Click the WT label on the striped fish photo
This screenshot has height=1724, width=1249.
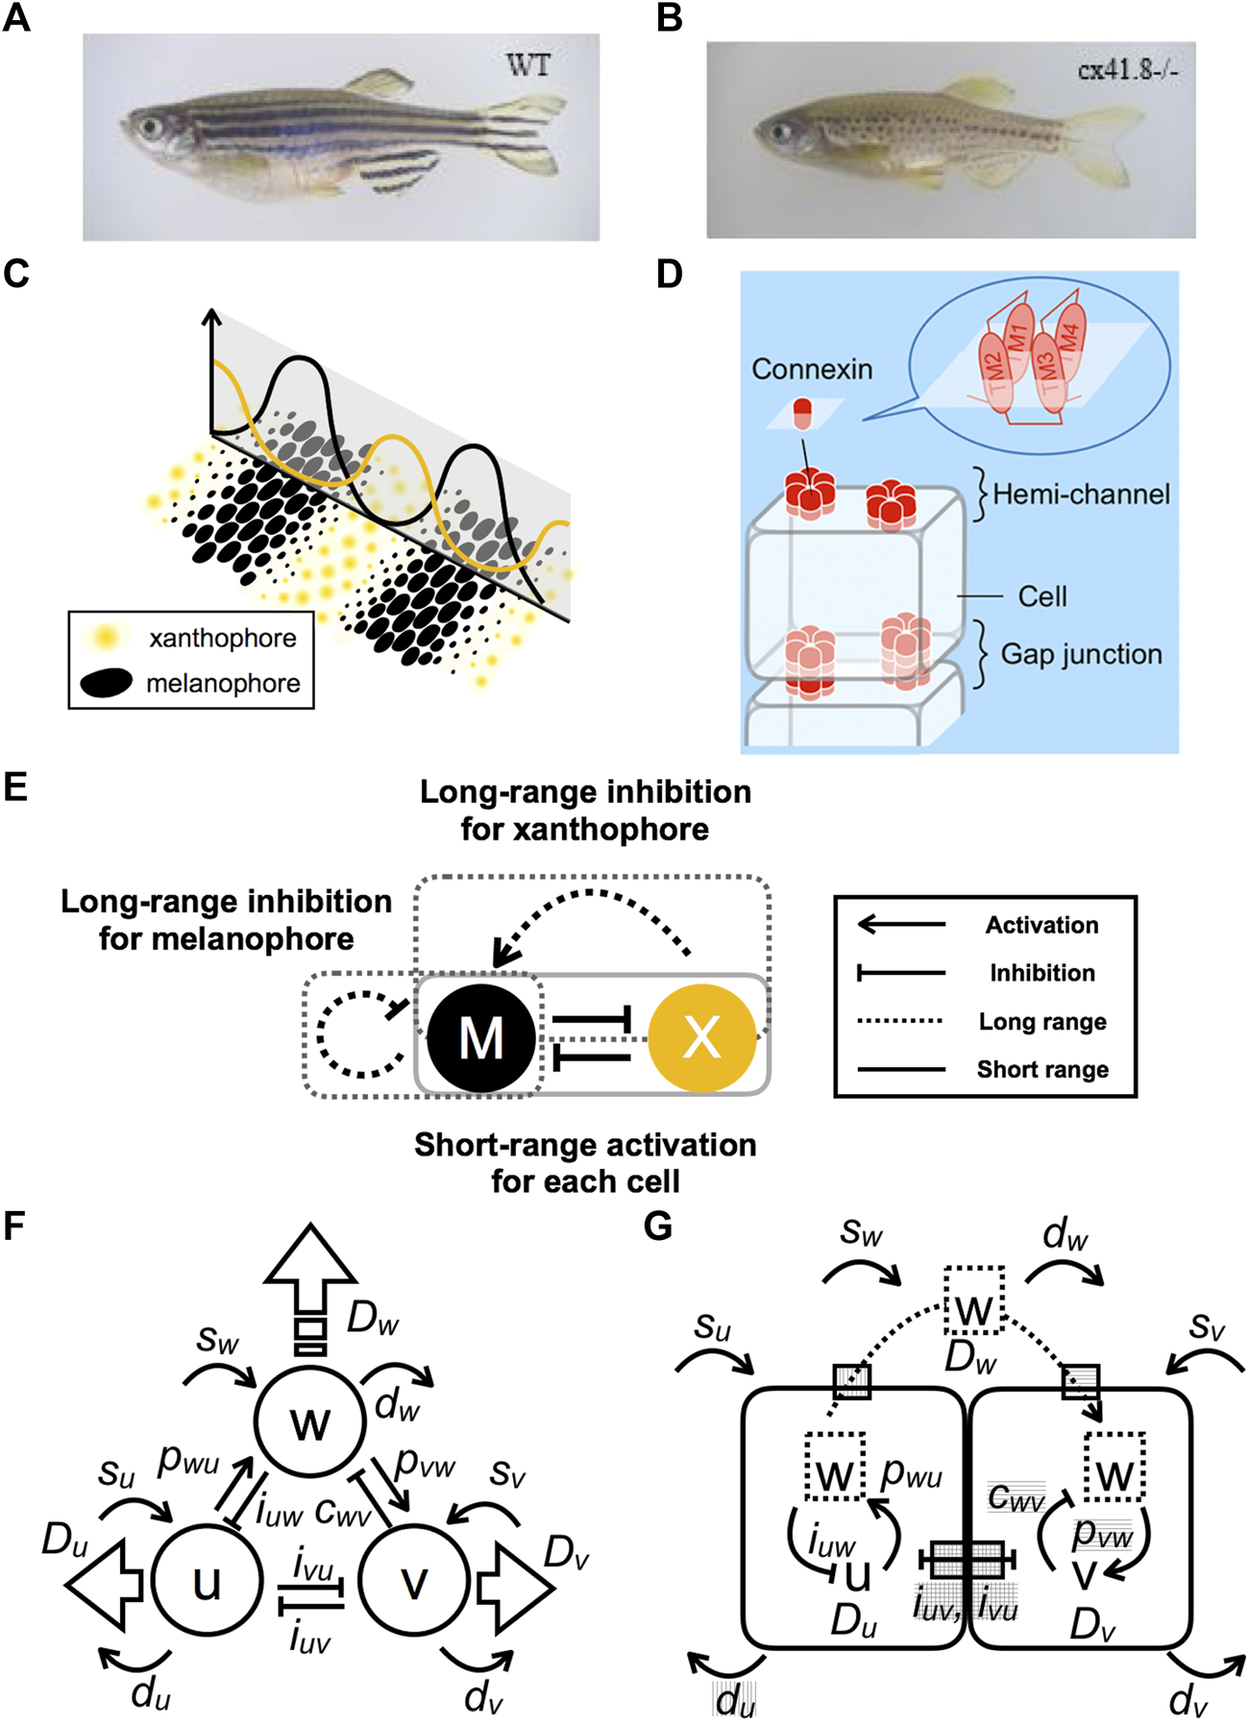pyautogui.click(x=528, y=65)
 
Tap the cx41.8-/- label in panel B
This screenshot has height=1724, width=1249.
pyautogui.click(x=1128, y=70)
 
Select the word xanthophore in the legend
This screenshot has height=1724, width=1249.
pyautogui.click(x=223, y=638)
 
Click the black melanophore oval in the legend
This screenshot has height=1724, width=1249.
pyautogui.click(x=106, y=683)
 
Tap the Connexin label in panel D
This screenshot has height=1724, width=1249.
pyautogui.click(x=812, y=369)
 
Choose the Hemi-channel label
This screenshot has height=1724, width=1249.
pyautogui.click(x=1082, y=494)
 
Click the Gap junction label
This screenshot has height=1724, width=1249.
pyautogui.click(x=1082, y=654)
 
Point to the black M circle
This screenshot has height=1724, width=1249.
pyautogui.click(x=481, y=1038)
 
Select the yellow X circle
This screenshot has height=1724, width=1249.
pyautogui.click(x=702, y=1038)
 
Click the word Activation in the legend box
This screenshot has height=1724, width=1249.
pyautogui.click(x=1042, y=925)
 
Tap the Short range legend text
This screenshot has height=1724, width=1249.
pyautogui.click(x=1042, y=1069)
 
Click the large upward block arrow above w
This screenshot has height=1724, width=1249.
pyautogui.click(x=310, y=1288)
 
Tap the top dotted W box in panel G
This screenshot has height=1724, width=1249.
pyautogui.click(x=974, y=1299)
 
